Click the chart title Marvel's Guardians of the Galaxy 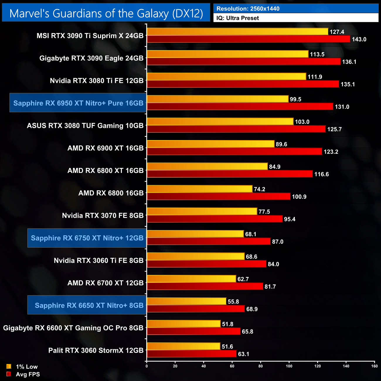coord(106,13)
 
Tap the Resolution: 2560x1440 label coord(248,9)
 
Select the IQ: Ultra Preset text coord(238,18)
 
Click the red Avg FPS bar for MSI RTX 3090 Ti coord(249,39)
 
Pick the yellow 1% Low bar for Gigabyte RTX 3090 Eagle coord(227,54)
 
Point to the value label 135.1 coord(348,84)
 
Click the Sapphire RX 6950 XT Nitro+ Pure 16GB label coord(78,103)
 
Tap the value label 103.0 coord(302,122)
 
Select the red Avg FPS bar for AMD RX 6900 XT coord(234,152)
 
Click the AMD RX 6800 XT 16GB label coord(106,171)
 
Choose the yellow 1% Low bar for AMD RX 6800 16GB coord(199,189)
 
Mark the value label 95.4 coord(290,219)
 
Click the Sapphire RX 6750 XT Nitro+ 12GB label coord(87,238)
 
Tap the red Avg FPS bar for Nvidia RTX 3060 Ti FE coord(207,264)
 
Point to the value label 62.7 coord(243,279)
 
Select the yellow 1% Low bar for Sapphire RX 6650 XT coord(186,301)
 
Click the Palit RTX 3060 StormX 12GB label coord(96,351)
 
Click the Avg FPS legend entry coord(23,374)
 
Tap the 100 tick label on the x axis coord(289,366)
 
